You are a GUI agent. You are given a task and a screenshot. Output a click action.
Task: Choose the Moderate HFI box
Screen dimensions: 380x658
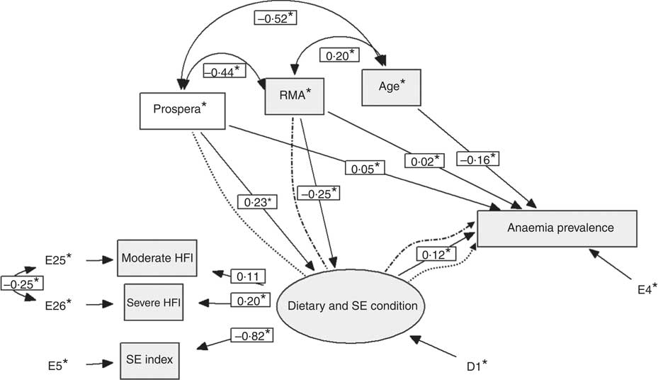click(x=156, y=258)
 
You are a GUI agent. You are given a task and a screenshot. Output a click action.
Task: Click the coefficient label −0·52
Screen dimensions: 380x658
click(x=275, y=17)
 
